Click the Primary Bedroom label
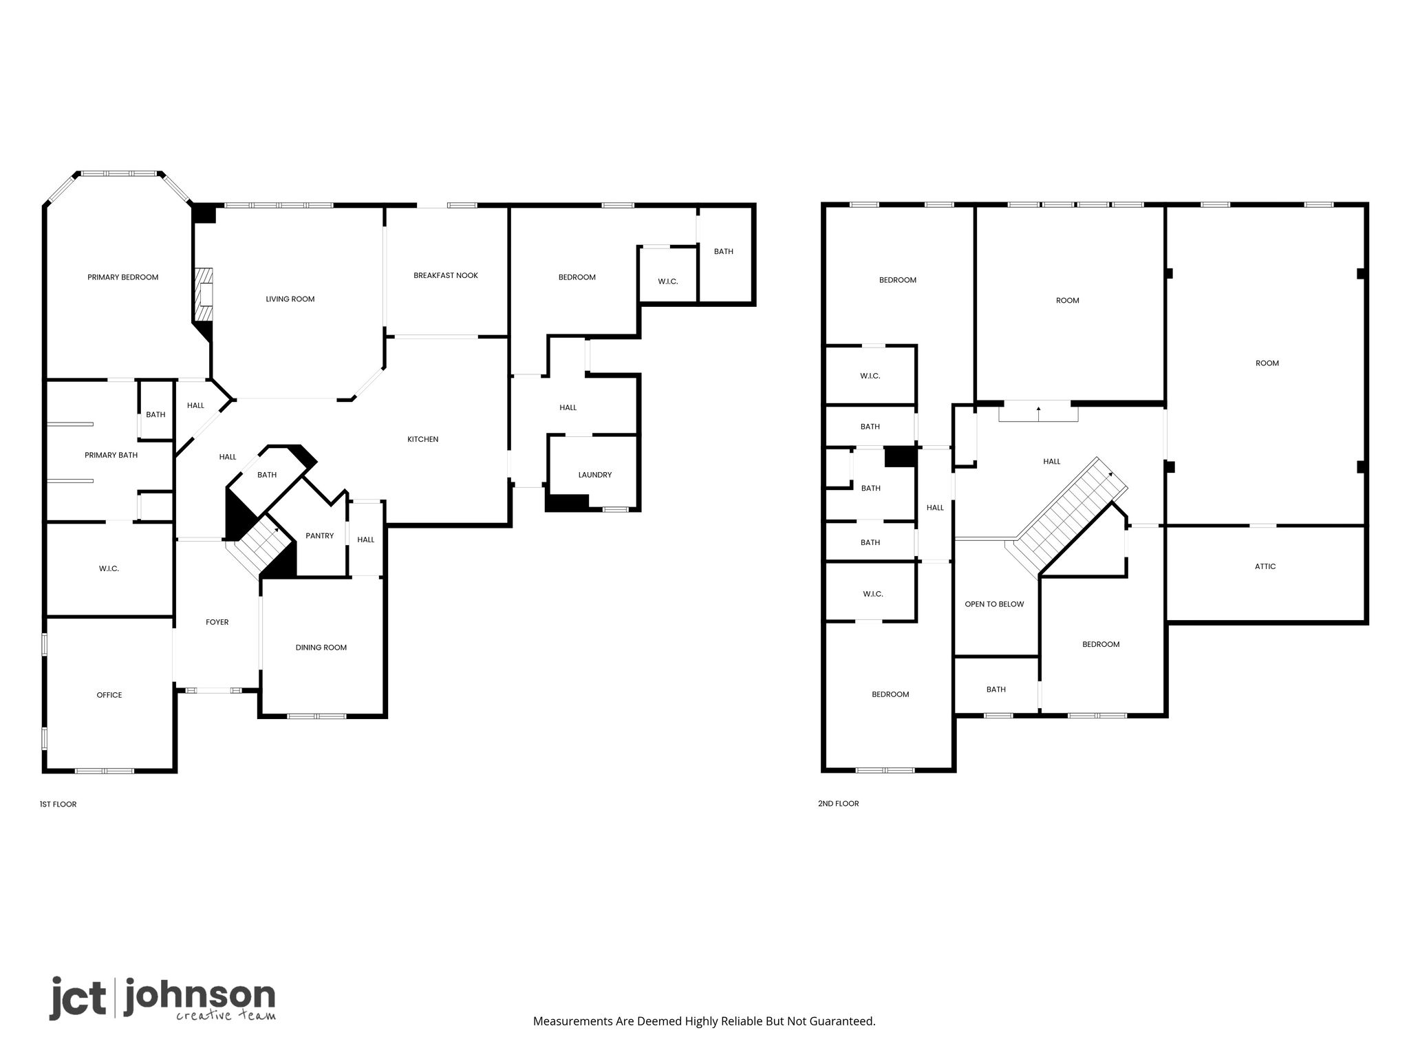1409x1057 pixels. (122, 277)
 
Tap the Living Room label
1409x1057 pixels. (290, 299)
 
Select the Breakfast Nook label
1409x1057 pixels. (446, 275)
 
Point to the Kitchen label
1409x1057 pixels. (422, 439)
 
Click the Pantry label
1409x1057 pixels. (320, 536)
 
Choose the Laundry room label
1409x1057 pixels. (595, 475)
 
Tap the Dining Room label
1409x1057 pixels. (321, 648)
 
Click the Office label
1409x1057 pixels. (109, 695)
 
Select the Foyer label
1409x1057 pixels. (217, 622)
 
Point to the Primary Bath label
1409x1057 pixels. (111, 455)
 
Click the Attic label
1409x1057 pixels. (1265, 566)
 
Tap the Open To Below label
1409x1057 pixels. (994, 604)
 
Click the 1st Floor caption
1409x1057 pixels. (58, 804)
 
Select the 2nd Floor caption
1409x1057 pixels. (839, 804)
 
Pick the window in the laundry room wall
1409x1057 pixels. (616, 509)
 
